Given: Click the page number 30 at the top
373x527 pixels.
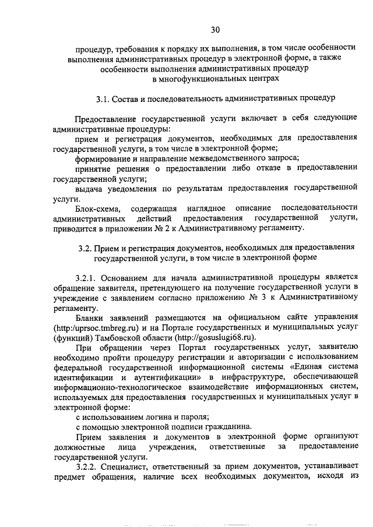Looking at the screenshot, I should click(215, 29).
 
